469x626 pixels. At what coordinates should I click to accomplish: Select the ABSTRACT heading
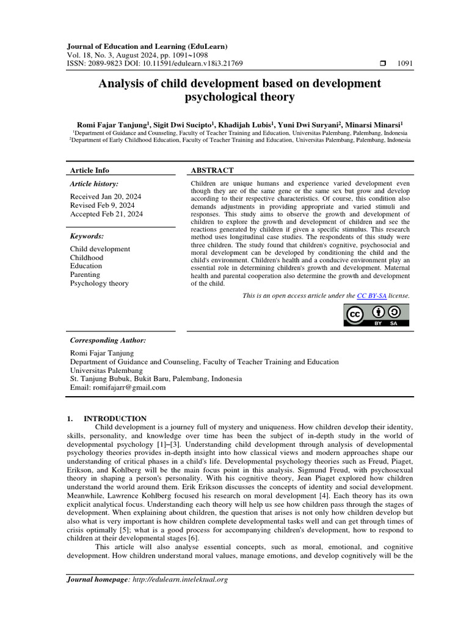click(x=212, y=171)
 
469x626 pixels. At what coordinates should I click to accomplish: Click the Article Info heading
click(x=90, y=171)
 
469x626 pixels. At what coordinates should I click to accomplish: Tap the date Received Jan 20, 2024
click(x=106, y=196)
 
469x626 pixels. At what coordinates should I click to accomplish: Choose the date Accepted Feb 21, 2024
click(x=106, y=214)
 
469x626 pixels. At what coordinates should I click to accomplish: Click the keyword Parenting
click(x=85, y=274)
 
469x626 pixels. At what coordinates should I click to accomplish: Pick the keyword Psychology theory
click(x=100, y=283)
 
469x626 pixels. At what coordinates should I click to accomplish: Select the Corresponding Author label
click(x=107, y=340)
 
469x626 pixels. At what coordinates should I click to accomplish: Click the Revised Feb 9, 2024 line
click(x=103, y=205)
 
